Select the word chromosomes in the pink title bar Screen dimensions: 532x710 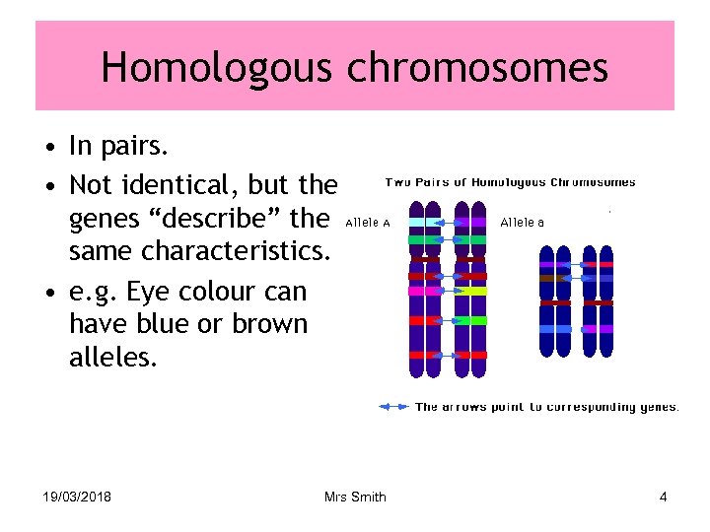click(x=477, y=69)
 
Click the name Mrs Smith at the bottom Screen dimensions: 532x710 click(x=355, y=497)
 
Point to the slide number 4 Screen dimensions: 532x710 click(x=663, y=497)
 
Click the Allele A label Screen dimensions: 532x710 click(x=368, y=223)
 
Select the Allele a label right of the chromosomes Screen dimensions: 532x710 click(x=522, y=223)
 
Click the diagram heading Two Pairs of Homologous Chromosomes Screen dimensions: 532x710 click(x=510, y=181)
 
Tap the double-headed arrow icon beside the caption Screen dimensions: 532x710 click(x=394, y=406)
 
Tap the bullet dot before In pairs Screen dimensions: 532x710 click(x=48, y=150)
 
